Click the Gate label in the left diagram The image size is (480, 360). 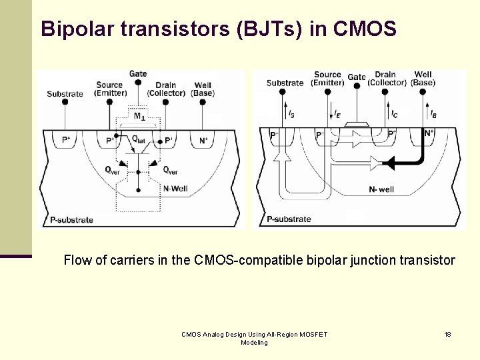tap(138, 73)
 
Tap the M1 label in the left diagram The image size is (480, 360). tap(139, 117)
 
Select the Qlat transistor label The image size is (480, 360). tap(139, 139)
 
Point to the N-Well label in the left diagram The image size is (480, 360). tap(175, 189)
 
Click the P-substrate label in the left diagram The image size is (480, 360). tap(71, 220)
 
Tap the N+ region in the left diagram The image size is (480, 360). tap(203, 141)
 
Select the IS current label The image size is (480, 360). tap(292, 115)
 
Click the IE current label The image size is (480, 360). tap(338, 115)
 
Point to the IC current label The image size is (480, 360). tap(394, 115)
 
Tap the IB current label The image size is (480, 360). tap(433, 115)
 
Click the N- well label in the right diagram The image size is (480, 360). tap(381, 189)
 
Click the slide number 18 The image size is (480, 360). tap(447, 334)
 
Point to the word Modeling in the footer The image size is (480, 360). tap(254, 343)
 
